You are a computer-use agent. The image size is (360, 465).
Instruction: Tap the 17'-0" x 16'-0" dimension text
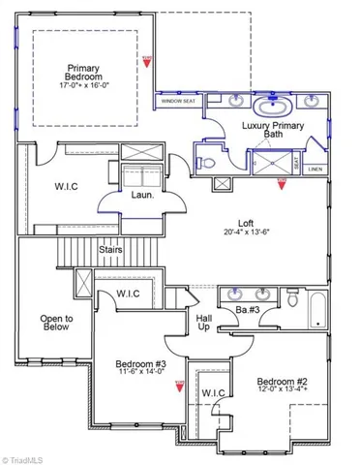(x=83, y=84)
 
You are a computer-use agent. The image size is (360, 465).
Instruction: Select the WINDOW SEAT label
(x=178, y=101)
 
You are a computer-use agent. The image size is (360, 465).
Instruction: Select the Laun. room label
(x=141, y=195)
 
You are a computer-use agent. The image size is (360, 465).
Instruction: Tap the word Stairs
(x=110, y=250)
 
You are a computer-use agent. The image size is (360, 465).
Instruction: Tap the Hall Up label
(x=204, y=323)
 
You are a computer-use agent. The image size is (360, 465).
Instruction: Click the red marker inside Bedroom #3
(x=179, y=387)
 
